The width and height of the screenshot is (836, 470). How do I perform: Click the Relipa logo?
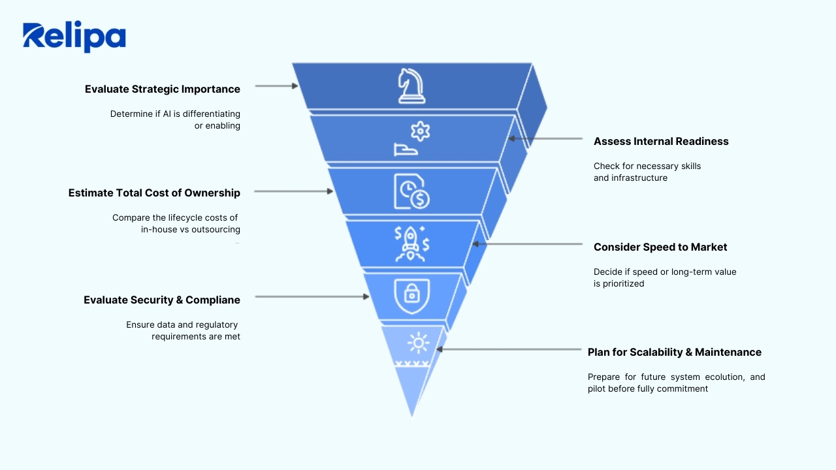[74, 37]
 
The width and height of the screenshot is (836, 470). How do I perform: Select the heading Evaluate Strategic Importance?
[163, 89]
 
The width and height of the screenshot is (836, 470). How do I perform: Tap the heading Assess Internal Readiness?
[661, 142]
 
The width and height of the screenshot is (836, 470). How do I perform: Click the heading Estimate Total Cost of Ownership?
[154, 193]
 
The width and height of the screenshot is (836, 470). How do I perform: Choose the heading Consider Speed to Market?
[660, 247]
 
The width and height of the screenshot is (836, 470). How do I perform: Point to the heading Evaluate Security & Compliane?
[162, 300]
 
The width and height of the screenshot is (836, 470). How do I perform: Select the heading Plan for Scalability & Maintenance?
[675, 352]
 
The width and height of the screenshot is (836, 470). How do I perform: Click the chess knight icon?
[411, 86]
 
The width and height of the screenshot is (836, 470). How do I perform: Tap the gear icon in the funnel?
[420, 131]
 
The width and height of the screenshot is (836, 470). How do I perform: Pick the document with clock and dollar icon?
[411, 191]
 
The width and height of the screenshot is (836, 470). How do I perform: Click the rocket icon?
[411, 244]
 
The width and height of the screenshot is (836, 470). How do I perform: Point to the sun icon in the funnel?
[417, 343]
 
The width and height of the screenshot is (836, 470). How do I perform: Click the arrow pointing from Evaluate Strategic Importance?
[276, 86]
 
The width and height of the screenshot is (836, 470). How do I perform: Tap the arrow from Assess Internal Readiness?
[545, 138]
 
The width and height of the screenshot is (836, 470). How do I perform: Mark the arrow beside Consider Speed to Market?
[527, 244]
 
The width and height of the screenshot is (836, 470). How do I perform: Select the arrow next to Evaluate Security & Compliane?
[312, 296]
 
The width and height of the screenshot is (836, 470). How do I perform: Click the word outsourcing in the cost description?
[216, 230]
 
